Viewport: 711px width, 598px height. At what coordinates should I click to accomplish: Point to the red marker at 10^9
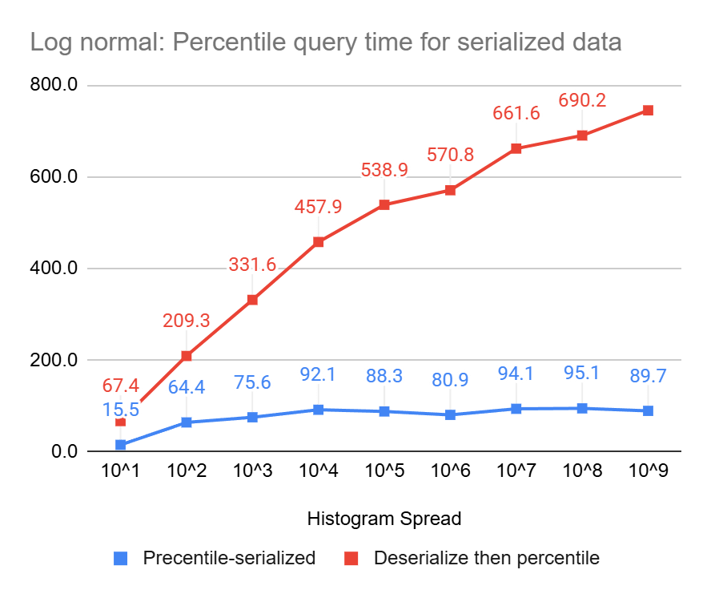coord(648,111)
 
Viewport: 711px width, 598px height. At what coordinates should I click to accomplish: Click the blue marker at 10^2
coord(187,422)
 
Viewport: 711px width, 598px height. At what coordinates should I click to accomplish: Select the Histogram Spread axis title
coord(384,519)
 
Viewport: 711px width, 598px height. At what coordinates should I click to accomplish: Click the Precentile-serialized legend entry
coord(229,558)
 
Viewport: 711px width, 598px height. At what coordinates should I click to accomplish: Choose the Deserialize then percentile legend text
coord(487,558)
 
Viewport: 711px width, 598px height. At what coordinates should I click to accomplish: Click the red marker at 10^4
coord(318,242)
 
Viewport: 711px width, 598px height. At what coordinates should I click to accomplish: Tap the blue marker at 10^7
coord(516,409)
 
